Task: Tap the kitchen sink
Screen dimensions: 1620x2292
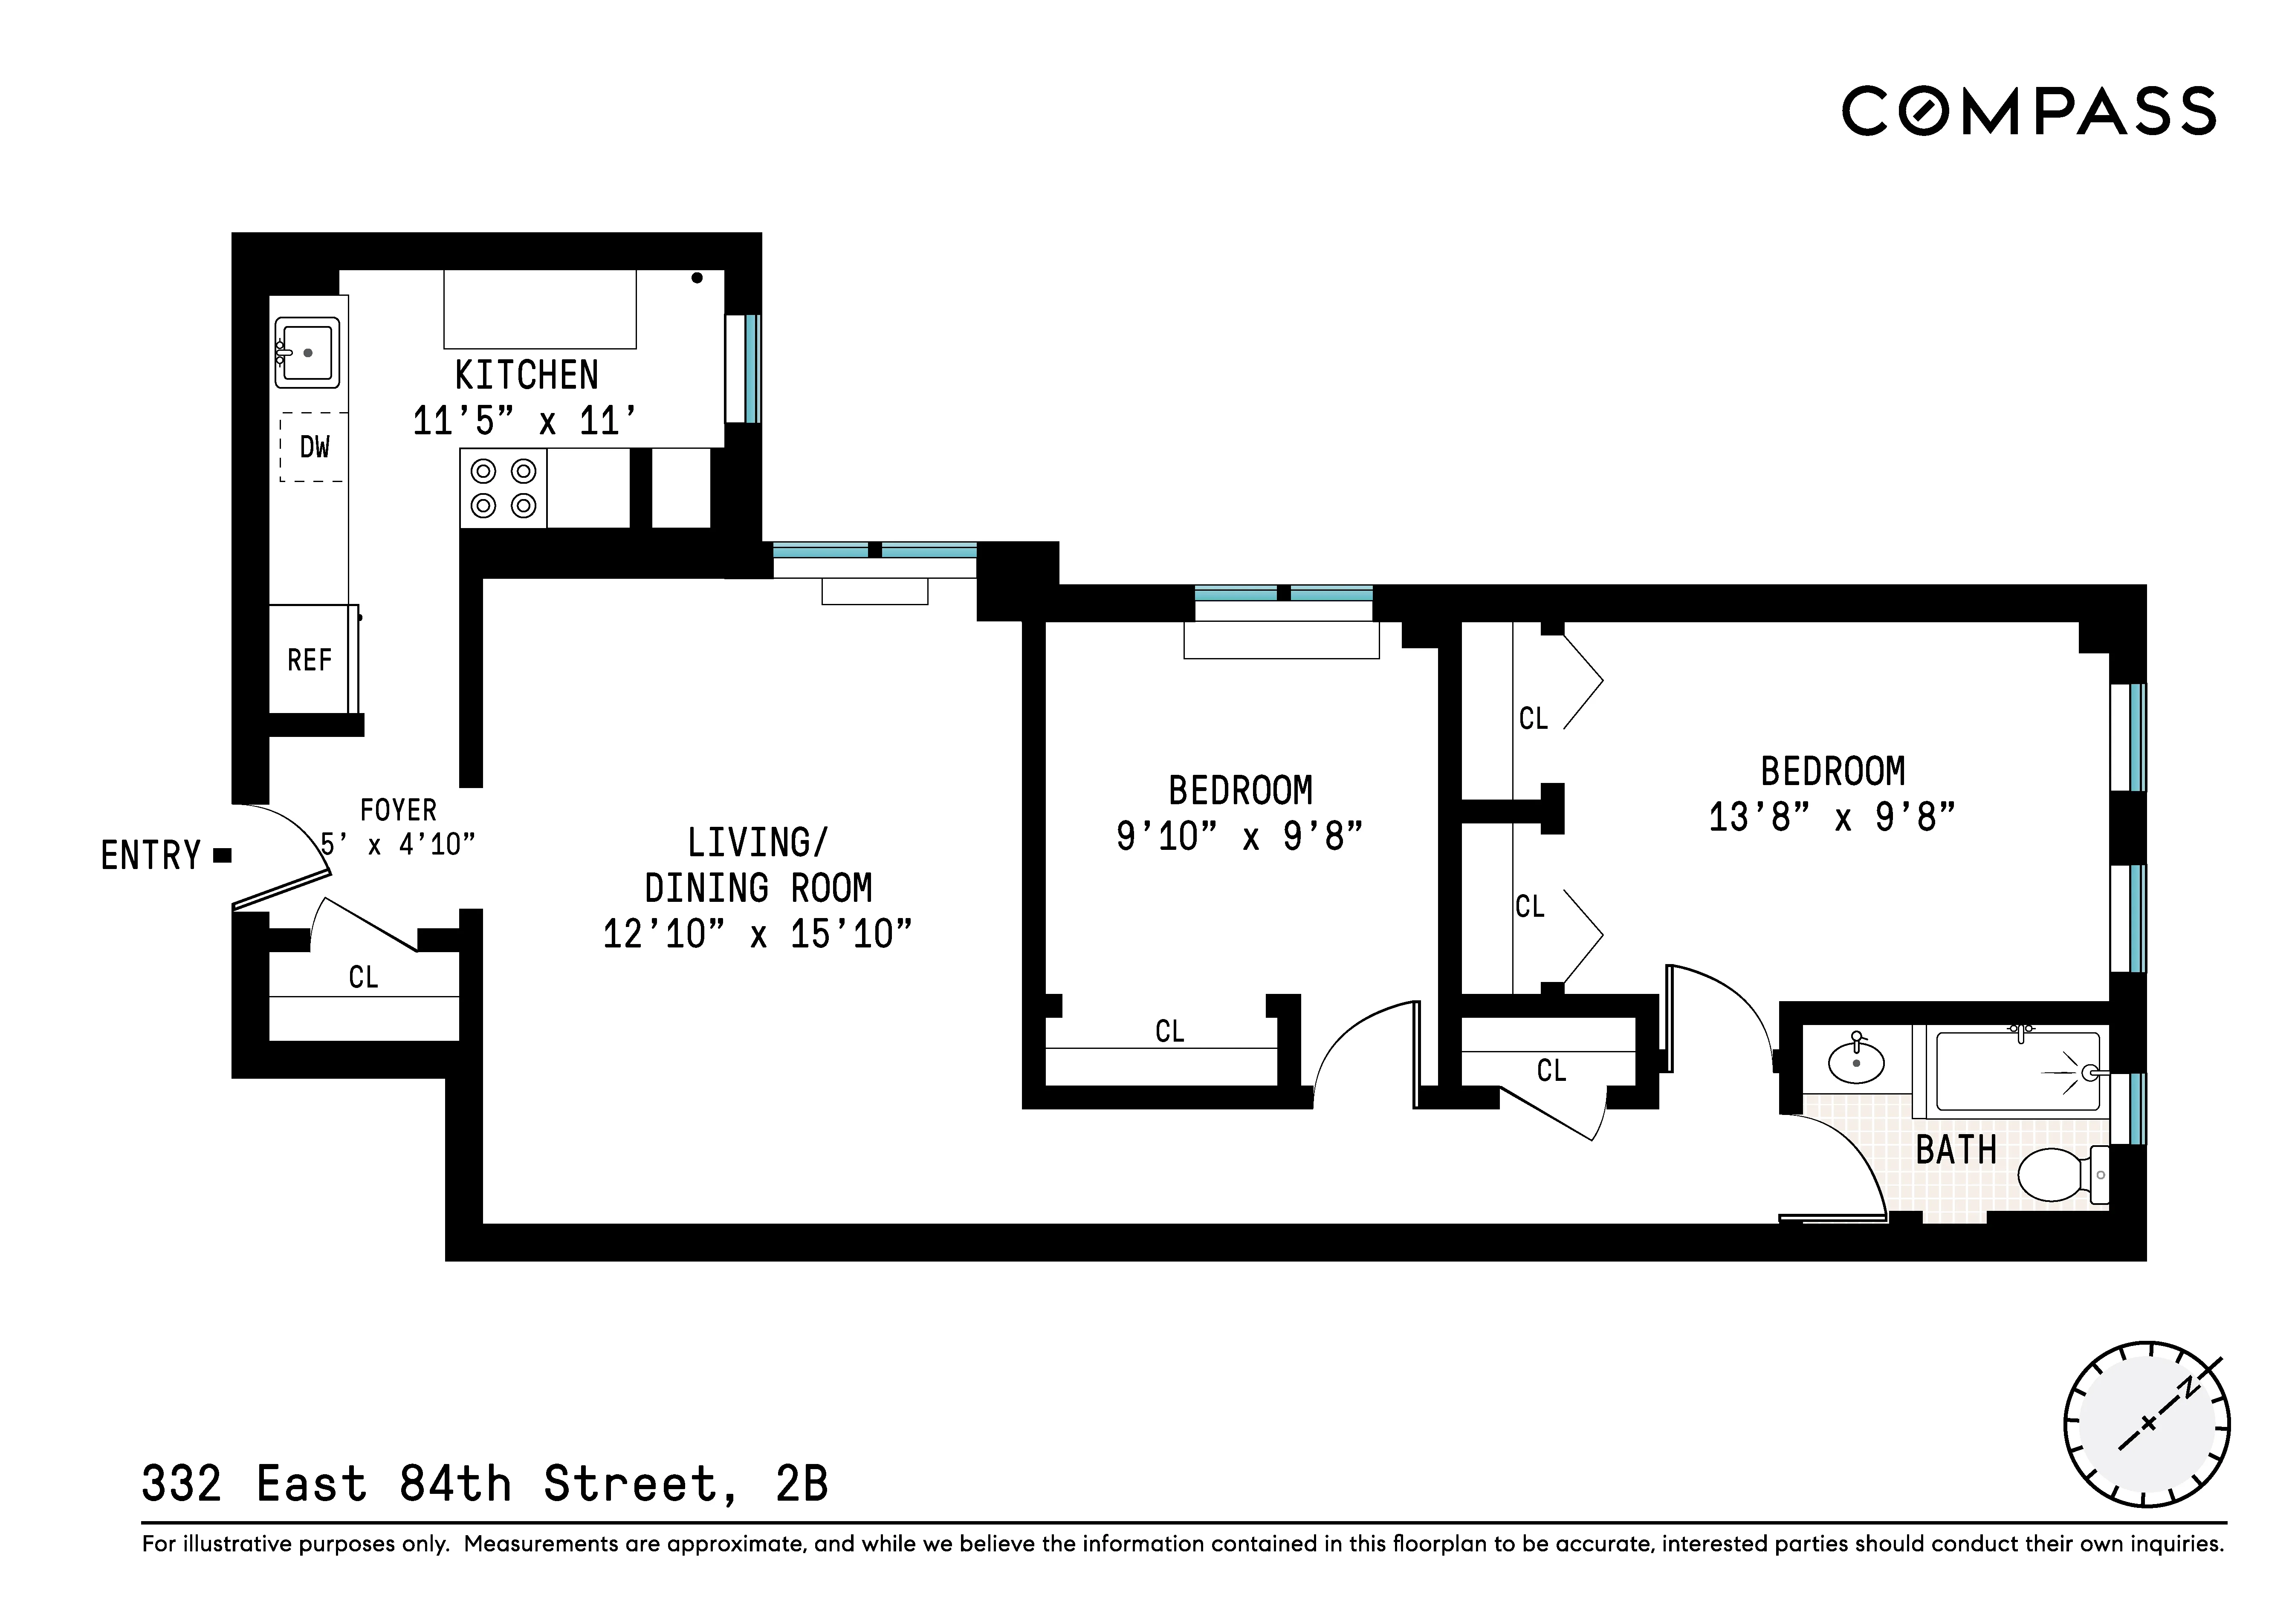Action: (307, 352)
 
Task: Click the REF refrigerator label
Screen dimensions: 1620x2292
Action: (310, 660)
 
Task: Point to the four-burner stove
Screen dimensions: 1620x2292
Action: (503, 488)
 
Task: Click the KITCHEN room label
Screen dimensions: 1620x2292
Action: (526, 375)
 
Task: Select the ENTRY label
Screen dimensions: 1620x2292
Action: (151, 855)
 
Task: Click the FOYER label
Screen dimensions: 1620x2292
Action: (397, 809)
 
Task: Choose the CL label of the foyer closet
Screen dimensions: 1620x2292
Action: (363, 977)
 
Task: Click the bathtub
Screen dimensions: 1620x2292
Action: (2017, 1072)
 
